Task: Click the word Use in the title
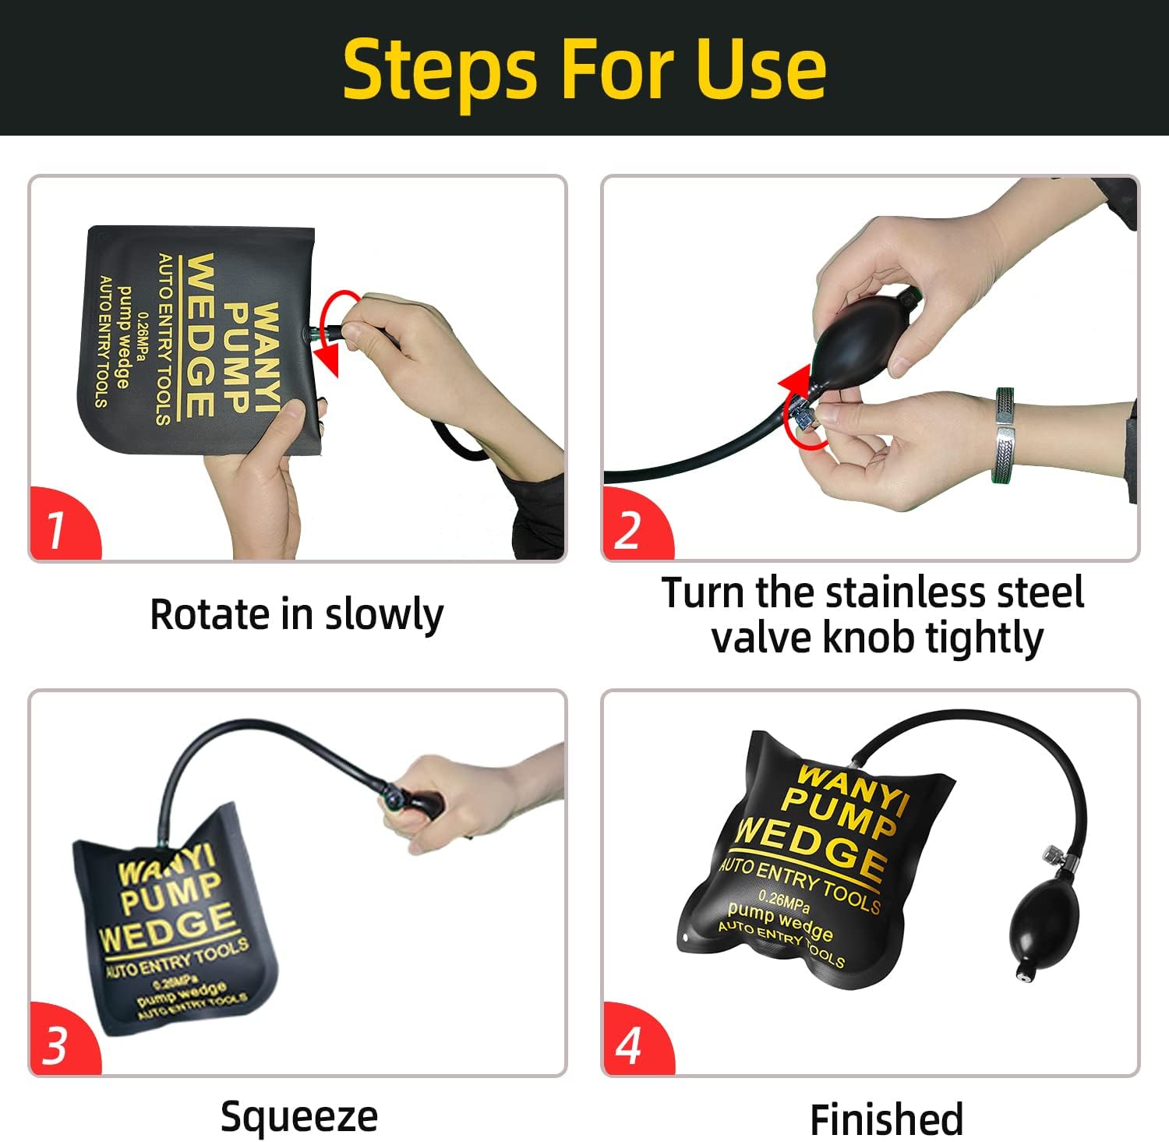point(761,69)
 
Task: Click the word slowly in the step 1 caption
point(384,616)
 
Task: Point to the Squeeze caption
point(299,1118)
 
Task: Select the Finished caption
point(887,1119)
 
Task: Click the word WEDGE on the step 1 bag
point(201,335)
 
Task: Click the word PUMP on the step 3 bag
point(171,892)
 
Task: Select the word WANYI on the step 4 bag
point(853,788)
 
